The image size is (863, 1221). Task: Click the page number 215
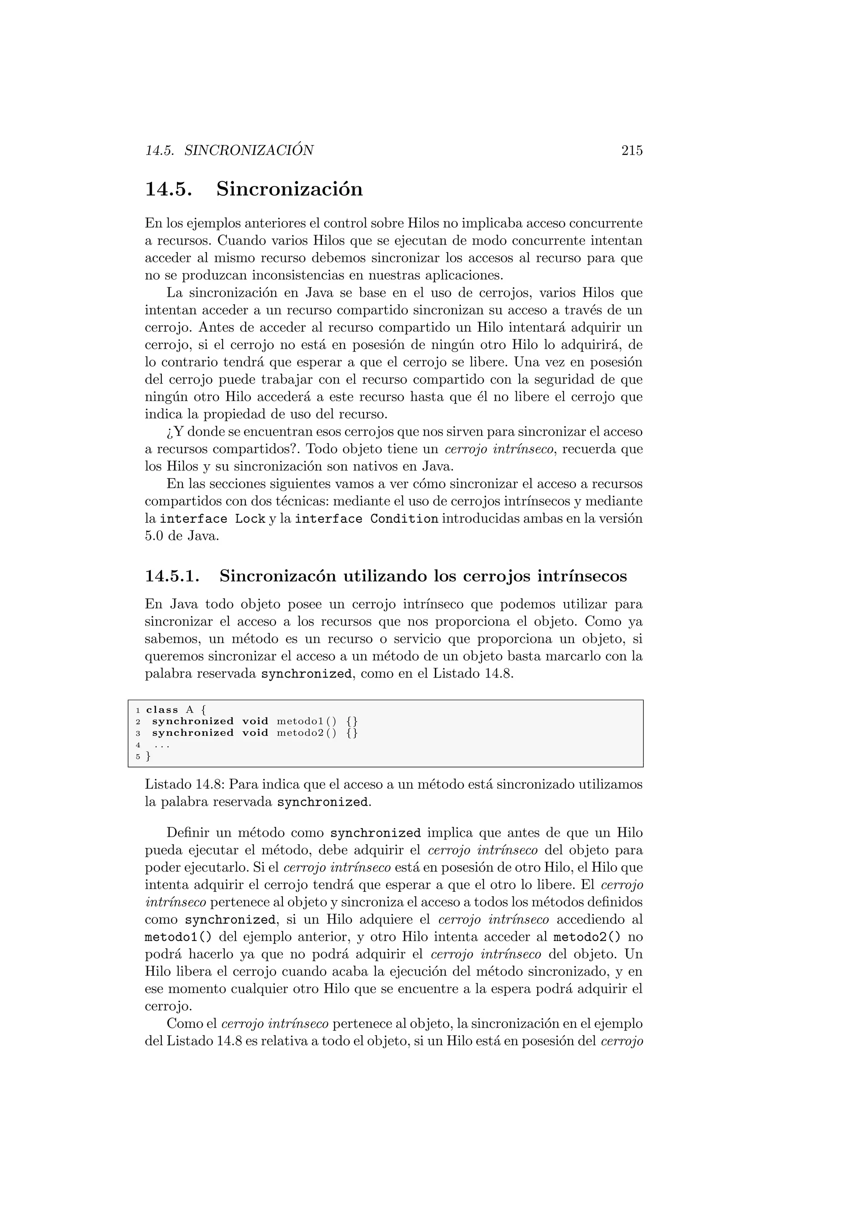632,151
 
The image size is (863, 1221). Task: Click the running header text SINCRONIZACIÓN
249,151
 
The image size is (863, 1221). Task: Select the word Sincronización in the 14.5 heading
289,189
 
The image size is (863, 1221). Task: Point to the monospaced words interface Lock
212,519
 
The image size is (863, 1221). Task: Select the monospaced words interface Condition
366,519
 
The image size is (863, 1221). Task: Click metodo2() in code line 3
307,733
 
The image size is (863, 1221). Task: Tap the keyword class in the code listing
162,710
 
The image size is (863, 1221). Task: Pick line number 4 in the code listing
138,745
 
